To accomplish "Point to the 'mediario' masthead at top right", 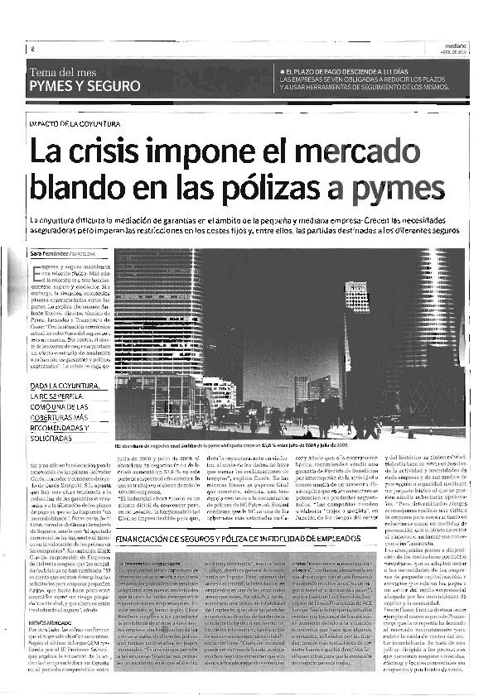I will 453,46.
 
